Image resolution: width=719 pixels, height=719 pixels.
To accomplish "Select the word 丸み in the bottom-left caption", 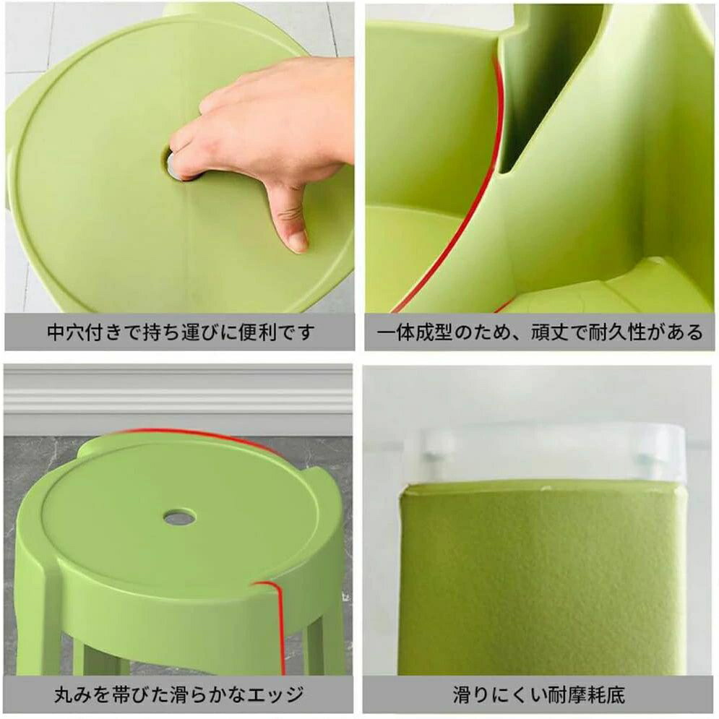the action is pyautogui.click(x=73, y=694).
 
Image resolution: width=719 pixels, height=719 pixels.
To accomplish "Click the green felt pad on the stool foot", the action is pyautogui.click(x=541, y=580).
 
